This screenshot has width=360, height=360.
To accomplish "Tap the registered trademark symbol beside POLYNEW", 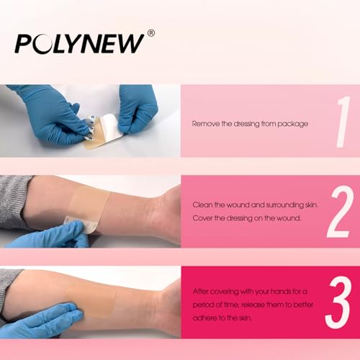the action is tap(151, 33).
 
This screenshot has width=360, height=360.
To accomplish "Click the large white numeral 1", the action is tap(343, 122).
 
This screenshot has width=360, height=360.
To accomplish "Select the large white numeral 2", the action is tap(340, 212).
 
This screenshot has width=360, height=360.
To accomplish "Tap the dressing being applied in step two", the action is tap(89, 207).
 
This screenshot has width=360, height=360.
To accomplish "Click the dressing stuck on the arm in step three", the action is tap(92, 301).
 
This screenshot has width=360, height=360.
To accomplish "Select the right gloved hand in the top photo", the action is tap(139, 108).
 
